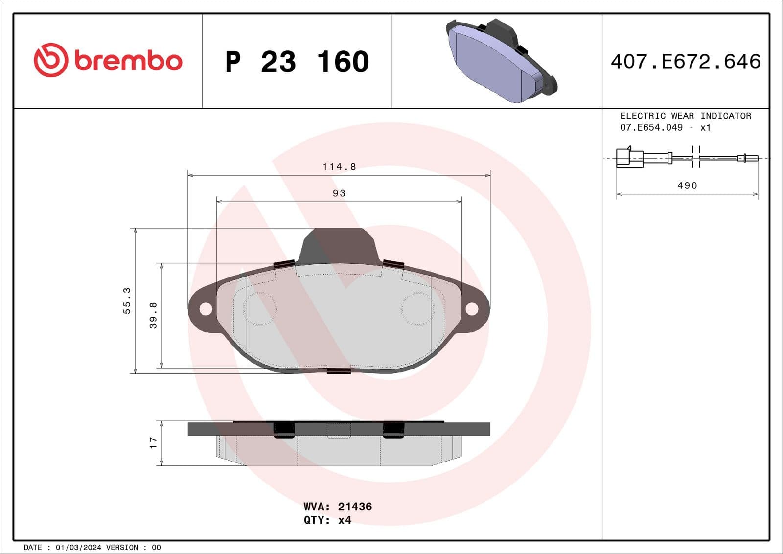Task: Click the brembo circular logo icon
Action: click(x=50, y=60)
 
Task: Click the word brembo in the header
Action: click(x=128, y=61)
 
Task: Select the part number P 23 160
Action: click(x=297, y=62)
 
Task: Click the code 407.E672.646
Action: click(x=686, y=62)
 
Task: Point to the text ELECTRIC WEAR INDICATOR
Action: click(x=685, y=116)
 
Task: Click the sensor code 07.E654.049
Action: click(x=651, y=127)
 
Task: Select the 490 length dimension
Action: click(x=687, y=185)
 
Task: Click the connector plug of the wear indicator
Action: click(x=629, y=158)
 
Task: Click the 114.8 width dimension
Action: click(x=339, y=167)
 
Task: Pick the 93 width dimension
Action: click(x=339, y=193)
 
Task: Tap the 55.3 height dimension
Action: click(x=127, y=300)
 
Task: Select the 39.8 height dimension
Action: click(x=153, y=315)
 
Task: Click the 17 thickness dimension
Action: click(x=153, y=443)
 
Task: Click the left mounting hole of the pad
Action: click(x=206, y=309)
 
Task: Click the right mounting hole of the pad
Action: click(x=472, y=309)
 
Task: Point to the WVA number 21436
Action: click(x=355, y=507)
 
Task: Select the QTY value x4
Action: click(x=345, y=520)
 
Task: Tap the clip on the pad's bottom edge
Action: click(x=339, y=371)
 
